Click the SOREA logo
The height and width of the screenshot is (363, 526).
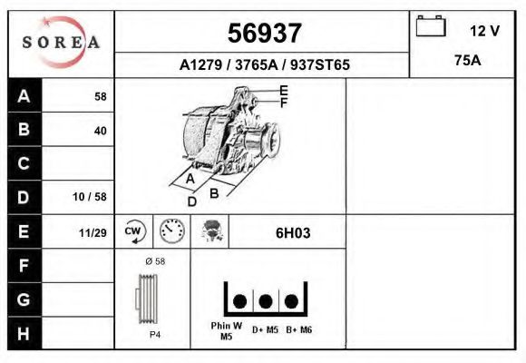click(x=62, y=42)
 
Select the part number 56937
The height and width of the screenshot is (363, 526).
click(x=264, y=33)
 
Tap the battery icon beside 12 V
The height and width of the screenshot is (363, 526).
click(x=431, y=25)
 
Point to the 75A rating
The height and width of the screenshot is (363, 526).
click(x=468, y=61)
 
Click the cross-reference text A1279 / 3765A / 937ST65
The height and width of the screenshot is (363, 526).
click(x=264, y=64)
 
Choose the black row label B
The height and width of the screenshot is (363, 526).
click(x=24, y=129)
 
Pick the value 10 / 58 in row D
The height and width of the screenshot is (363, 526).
click(x=90, y=197)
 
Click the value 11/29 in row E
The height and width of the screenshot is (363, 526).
click(x=93, y=232)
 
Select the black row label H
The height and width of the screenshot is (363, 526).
click(x=24, y=334)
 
